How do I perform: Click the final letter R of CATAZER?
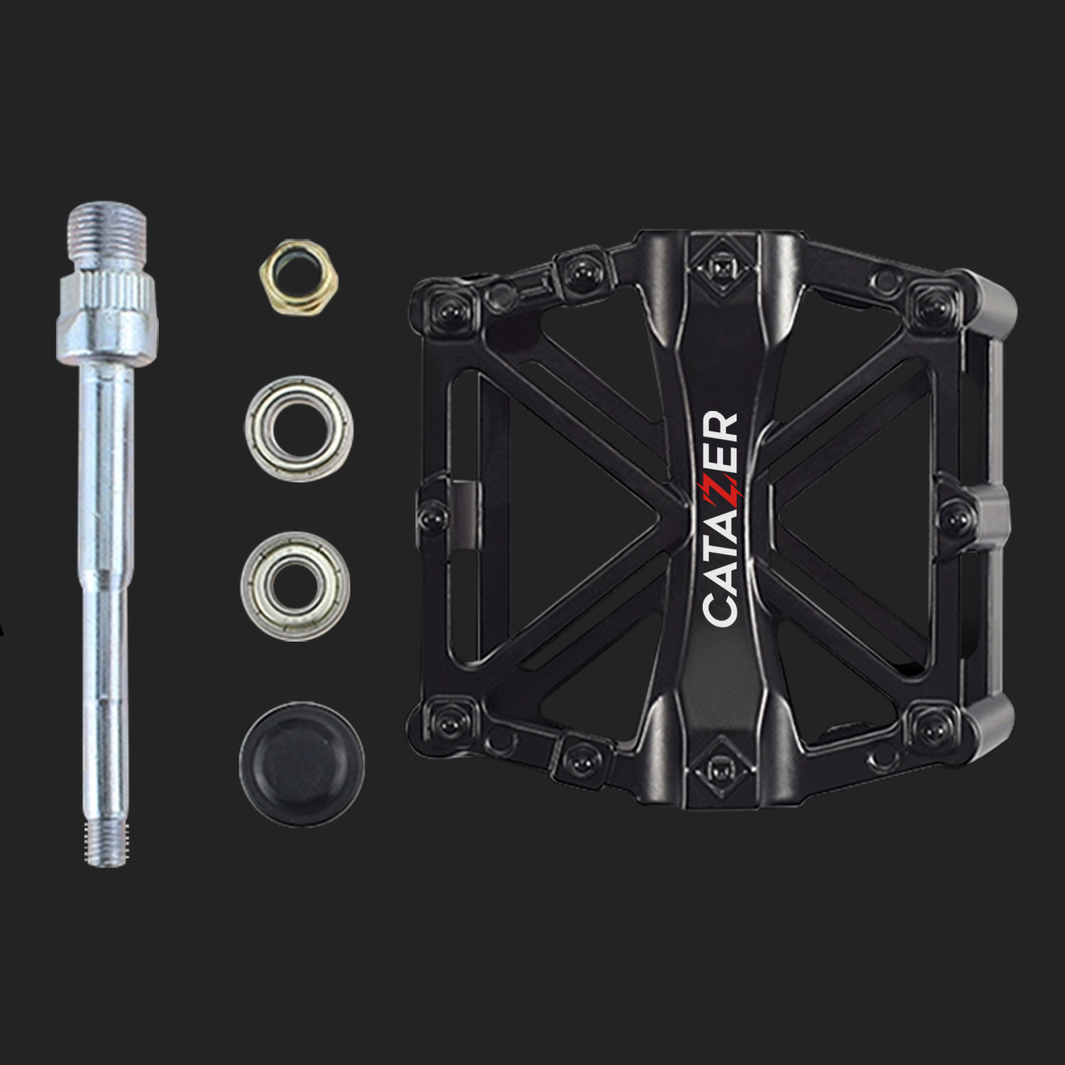[x=721, y=424]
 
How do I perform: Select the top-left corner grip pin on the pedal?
[x=446, y=309]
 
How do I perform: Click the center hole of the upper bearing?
[x=299, y=428]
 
